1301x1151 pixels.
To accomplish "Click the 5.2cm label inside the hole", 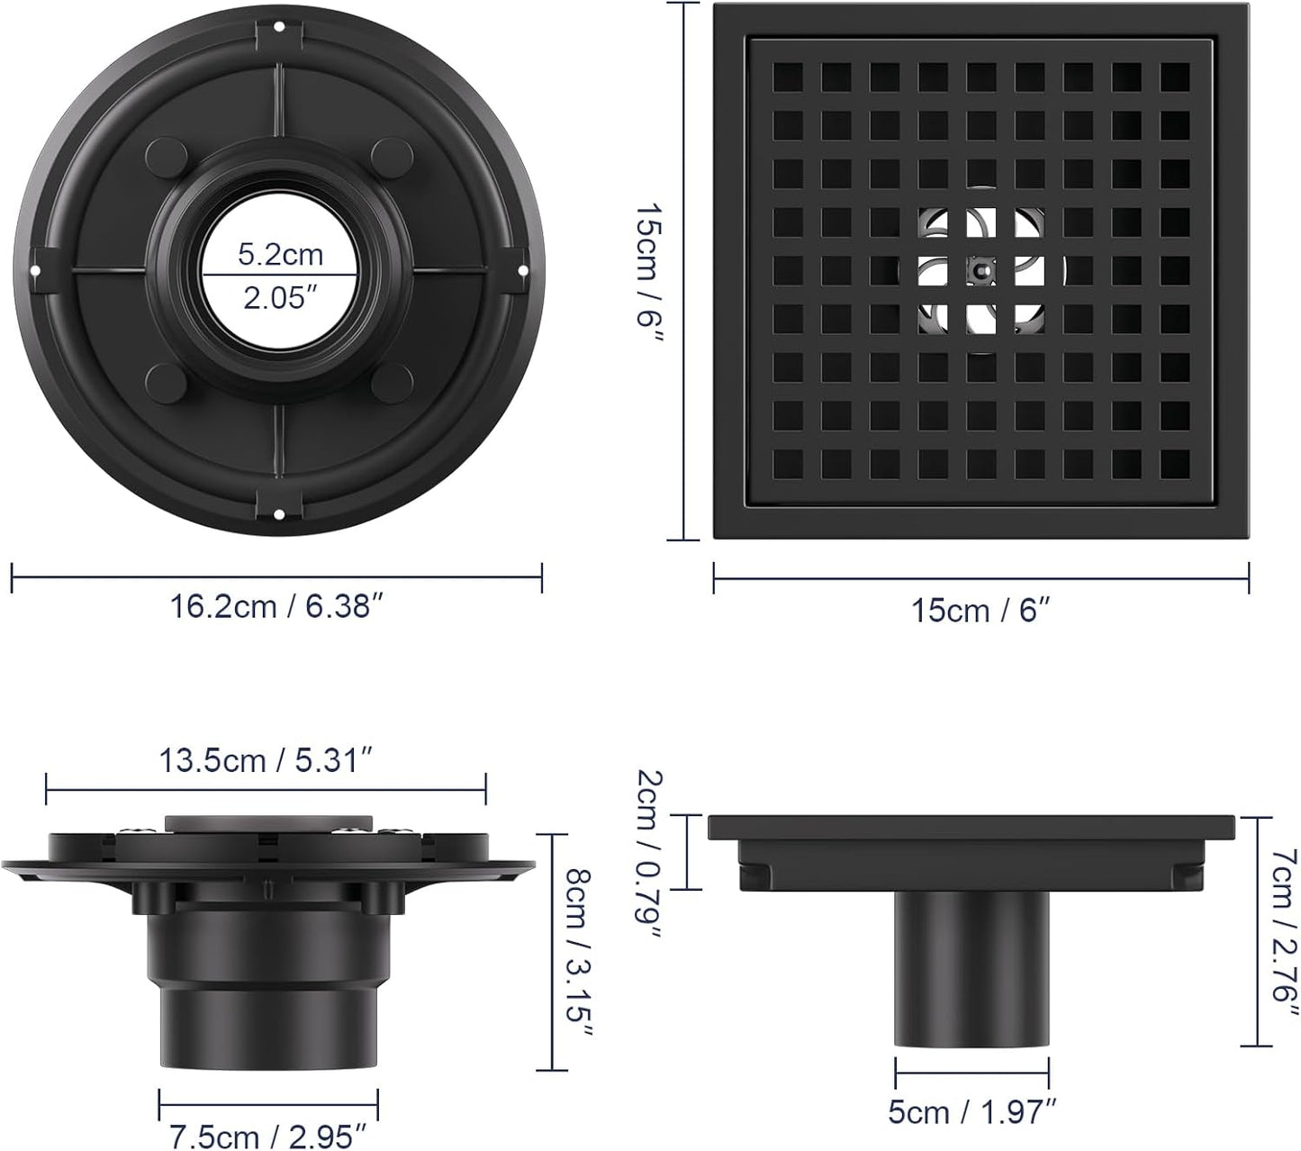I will pos(280,255).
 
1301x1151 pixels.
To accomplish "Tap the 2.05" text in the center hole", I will pos(280,298).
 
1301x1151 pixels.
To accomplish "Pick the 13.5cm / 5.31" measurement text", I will pos(266,761).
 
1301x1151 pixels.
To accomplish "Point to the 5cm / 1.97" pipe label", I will pos(971,1112).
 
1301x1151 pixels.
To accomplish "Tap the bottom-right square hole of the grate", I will pos(1174,463).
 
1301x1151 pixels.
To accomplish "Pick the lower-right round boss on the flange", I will pos(391,383).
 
